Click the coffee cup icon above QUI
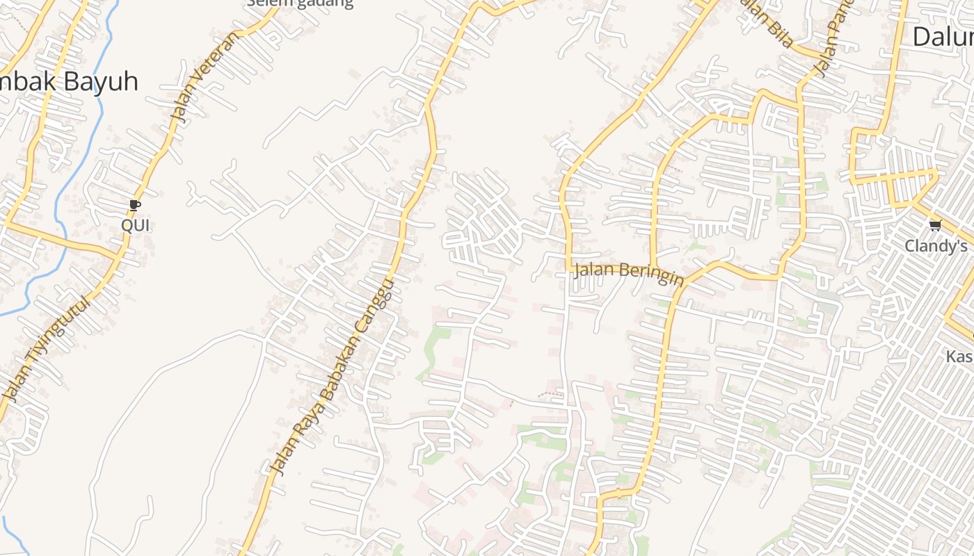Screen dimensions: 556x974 (x=135, y=205)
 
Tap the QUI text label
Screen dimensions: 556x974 (x=135, y=225)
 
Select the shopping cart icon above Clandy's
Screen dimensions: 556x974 (x=936, y=225)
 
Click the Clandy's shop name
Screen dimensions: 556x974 (x=936, y=246)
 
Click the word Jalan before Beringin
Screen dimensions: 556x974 (x=591, y=268)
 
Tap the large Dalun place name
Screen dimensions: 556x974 (x=943, y=36)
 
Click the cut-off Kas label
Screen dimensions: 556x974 (x=959, y=357)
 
